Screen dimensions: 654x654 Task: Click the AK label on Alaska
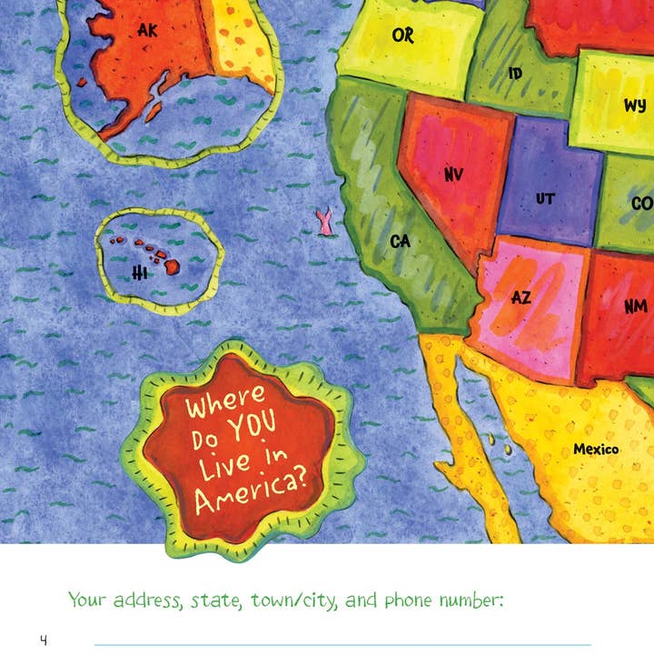(148, 31)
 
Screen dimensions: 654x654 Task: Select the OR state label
(402, 35)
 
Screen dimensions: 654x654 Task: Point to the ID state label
(516, 73)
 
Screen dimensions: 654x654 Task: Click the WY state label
(635, 105)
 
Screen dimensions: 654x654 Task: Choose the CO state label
(641, 204)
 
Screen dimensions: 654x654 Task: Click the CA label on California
(401, 242)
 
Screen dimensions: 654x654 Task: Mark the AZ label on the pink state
(521, 297)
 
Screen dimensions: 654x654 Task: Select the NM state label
(636, 307)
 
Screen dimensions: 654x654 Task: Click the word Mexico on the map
(596, 449)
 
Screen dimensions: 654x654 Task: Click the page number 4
(43, 640)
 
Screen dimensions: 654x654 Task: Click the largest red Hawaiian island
(171, 267)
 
